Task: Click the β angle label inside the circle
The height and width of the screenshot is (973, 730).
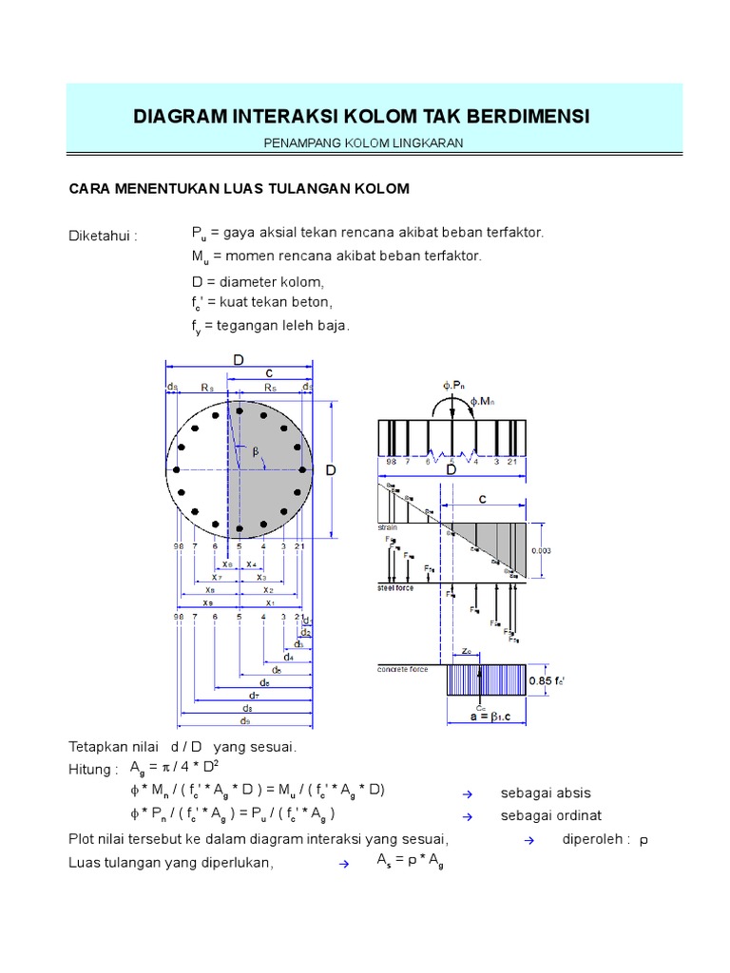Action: coord(255,463)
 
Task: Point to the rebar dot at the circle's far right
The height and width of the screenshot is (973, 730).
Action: coord(303,470)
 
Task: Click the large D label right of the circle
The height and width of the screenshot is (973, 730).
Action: coord(332,470)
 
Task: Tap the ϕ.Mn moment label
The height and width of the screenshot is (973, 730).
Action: coord(484,403)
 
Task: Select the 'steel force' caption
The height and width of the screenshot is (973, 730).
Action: coord(396,588)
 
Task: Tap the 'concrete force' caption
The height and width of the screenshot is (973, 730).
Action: coord(404,670)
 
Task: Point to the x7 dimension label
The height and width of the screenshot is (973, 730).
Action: coord(217,577)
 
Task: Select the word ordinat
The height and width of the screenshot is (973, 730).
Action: coord(576,816)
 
